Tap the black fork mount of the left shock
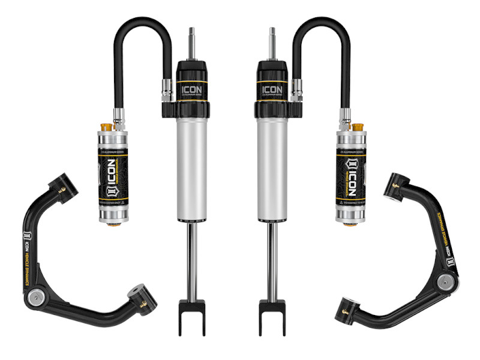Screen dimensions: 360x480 (191, 318)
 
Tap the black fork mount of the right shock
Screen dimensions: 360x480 (272, 318)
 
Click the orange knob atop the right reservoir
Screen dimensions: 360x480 (358, 128)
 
